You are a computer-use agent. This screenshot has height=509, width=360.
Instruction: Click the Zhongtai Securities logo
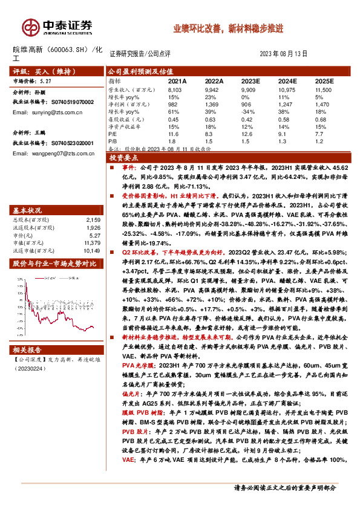[x=57, y=27]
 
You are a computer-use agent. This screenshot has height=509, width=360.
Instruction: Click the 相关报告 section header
[x=28, y=350]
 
